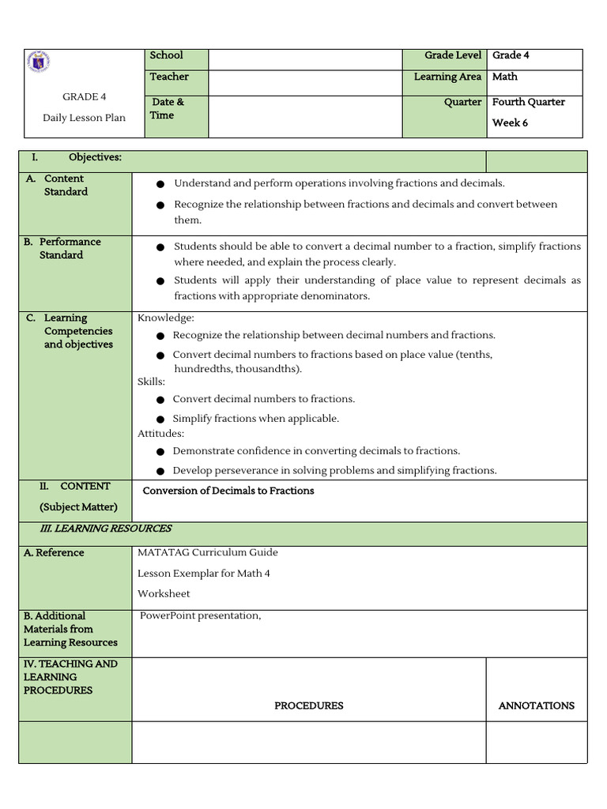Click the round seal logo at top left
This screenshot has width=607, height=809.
tap(39, 62)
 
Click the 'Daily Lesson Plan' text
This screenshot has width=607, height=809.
tap(84, 118)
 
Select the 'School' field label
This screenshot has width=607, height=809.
tap(166, 55)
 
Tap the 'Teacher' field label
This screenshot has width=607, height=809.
tap(169, 77)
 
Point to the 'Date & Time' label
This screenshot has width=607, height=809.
tap(167, 108)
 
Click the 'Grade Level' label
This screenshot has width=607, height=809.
tap(452, 55)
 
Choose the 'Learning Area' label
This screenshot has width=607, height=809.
tap(447, 77)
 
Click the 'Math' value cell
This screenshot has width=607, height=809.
tap(505, 77)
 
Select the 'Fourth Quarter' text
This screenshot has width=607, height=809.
tap(528, 102)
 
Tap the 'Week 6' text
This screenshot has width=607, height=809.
tap(510, 122)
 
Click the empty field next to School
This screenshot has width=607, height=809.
tap(305, 59)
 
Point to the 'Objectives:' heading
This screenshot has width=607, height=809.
tap(95, 157)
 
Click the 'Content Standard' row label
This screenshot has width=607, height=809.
tap(65, 185)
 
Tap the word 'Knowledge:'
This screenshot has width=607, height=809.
tap(166, 318)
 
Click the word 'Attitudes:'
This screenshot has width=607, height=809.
tap(160, 433)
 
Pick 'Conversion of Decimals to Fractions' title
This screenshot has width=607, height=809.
tap(228, 491)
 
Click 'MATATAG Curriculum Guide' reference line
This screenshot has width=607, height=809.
tap(207, 552)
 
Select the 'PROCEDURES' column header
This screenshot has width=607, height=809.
tap(308, 706)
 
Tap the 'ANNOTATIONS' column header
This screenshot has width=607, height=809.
tap(536, 706)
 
